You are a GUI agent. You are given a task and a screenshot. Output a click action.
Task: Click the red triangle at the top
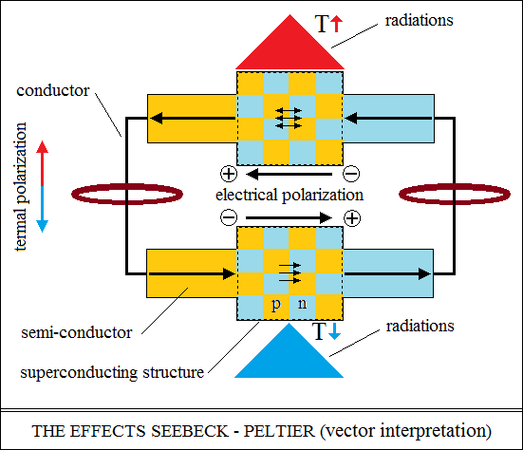(x=290, y=47)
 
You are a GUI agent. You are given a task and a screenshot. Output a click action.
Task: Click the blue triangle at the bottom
(x=289, y=355)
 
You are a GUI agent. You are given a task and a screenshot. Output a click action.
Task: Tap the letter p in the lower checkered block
(x=276, y=305)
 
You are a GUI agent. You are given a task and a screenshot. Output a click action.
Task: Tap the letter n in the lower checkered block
(x=302, y=303)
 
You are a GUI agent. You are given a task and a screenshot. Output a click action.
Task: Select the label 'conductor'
(x=53, y=90)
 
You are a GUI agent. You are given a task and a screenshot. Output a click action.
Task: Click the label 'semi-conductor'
(x=77, y=332)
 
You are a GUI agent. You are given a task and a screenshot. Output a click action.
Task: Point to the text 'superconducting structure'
(x=112, y=372)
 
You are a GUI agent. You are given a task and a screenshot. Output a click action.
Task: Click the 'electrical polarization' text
(x=290, y=195)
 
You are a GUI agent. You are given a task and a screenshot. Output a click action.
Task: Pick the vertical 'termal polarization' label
(x=21, y=186)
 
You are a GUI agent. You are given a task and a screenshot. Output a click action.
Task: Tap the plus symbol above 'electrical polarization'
(x=229, y=174)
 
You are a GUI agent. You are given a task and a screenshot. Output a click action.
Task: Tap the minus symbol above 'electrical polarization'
(x=351, y=174)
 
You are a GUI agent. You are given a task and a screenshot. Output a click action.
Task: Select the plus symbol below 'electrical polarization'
(x=352, y=218)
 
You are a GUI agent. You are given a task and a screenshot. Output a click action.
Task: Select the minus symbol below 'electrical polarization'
(x=229, y=218)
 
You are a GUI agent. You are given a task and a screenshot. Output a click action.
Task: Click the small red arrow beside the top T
(x=337, y=25)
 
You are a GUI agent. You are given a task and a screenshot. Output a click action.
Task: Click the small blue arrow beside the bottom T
(x=334, y=332)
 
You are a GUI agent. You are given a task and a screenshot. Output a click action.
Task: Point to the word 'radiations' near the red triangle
(x=420, y=20)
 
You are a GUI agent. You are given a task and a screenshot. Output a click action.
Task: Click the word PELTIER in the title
(x=279, y=431)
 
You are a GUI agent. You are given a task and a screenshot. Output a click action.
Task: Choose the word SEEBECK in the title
(x=190, y=431)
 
